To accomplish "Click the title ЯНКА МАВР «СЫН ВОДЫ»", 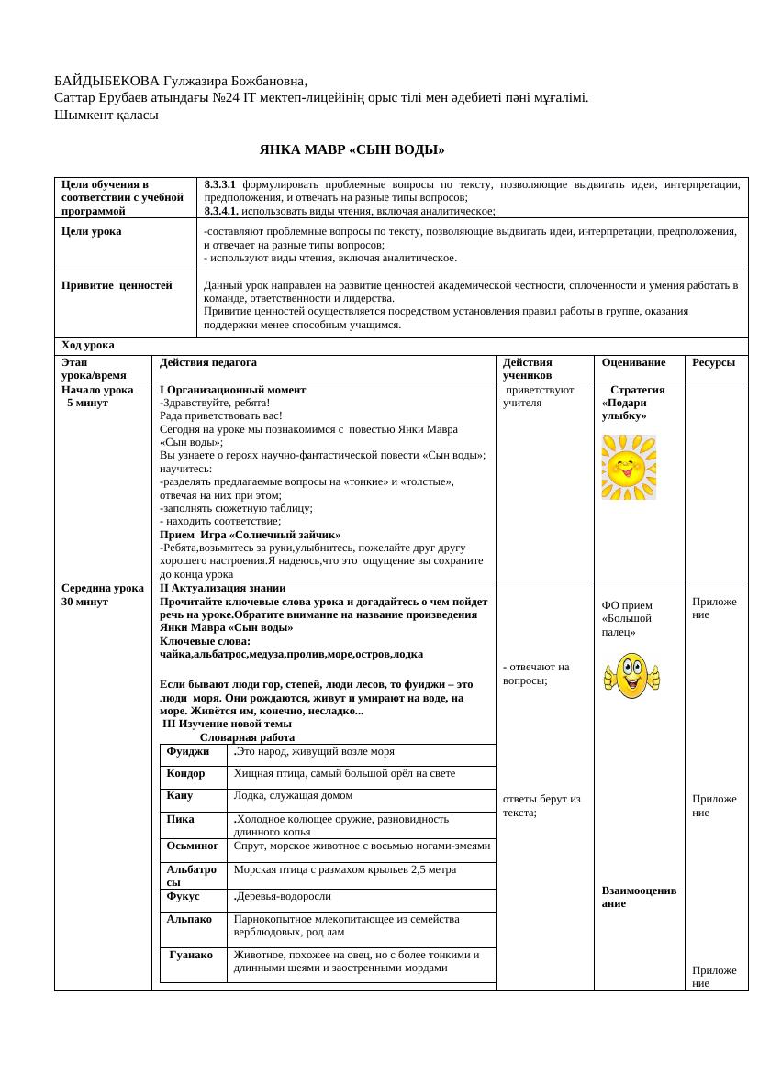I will tap(352, 149).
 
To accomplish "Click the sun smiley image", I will tap(629, 467).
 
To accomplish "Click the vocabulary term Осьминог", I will tap(193, 846).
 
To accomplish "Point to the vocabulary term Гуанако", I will tap(192, 955).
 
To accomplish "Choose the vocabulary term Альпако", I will tap(190, 918).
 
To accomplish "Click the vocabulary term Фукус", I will tap(184, 896).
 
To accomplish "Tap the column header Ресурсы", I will tap(713, 362).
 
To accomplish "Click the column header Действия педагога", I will tap(207, 362).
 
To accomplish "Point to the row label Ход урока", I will tap(88, 345).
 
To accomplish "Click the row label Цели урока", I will tap(92, 231).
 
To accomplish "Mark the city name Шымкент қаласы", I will tap(106, 115).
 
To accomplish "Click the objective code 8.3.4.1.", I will tap(221, 210).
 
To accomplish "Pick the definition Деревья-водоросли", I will tap(284, 896).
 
